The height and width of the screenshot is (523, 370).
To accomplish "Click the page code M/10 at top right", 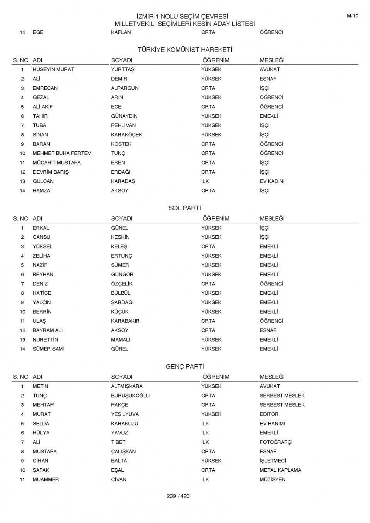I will (x=352, y=16).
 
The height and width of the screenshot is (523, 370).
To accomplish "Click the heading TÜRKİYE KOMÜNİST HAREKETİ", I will (x=185, y=50).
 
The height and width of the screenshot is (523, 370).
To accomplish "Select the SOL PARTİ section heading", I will (x=185, y=208).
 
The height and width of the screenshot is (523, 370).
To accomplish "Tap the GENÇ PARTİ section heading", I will (x=185, y=367).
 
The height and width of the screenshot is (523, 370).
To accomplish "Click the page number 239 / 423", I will (x=178, y=496).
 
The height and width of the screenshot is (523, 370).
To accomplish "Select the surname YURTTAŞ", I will (x=123, y=69).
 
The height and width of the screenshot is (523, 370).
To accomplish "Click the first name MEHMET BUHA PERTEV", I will (x=62, y=153).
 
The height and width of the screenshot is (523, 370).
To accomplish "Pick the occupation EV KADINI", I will (x=272, y=181).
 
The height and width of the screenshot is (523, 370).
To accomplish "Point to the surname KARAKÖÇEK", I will (x=126, y=135).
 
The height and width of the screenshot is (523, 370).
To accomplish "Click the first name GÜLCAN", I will (x=43, y=181).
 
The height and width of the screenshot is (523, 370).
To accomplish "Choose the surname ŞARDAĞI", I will (x=122, y=302).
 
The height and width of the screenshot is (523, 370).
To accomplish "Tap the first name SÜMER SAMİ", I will (x=48, y=349).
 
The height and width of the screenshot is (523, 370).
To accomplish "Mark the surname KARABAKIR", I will (x=125, y=321).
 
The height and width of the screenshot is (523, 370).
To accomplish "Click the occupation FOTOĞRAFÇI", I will (x=276, y=442).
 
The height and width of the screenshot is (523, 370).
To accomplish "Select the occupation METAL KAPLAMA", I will (x=280, y=470).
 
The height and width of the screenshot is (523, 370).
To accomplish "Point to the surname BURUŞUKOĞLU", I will (x=130, y=396).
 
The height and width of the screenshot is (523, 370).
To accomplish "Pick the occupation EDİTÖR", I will (x=269, y=414).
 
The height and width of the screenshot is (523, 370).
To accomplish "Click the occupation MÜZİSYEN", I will (x=272, y=479).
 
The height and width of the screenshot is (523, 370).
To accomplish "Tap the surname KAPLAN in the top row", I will (x=121, y=32).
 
